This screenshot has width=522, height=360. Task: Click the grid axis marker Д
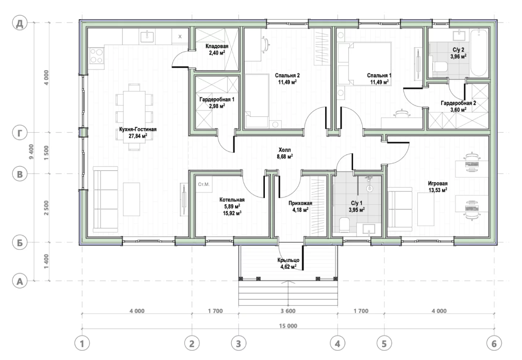tap(20, 24)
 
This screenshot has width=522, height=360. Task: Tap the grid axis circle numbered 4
tap(337, 344)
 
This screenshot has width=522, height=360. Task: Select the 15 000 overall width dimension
tap(288, 326)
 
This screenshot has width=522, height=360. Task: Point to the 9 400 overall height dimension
tap(32, 151)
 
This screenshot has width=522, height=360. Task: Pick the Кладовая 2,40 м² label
tap(217, 49)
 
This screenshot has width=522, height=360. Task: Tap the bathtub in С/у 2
tap(479, 53)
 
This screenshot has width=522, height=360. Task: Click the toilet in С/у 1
tap(344, 225)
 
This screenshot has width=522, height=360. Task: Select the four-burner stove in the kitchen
tap(97, 56)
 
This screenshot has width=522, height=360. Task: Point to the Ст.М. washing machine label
tap(204, 184)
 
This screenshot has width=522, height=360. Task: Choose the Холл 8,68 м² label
tap(284, 153)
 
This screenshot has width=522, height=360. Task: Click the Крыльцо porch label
tap(288, 260)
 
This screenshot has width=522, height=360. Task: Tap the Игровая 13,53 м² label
tap(437, 187)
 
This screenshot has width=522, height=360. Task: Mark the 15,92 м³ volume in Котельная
tap(232, 213)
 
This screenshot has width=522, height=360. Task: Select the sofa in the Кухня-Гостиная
tap(105, 199)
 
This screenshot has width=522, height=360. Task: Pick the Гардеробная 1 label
tap(217, 99)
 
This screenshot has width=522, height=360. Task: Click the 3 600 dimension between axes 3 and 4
tap(288, 311)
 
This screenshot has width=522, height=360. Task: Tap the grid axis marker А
tap(20, 281)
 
